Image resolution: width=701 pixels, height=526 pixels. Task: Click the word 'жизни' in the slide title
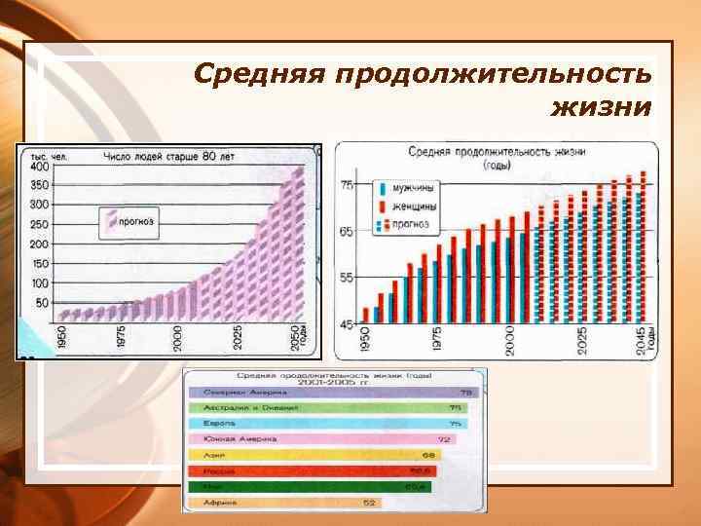(x=601, y=105)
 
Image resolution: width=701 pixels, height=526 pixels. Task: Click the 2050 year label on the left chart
(x=294, y=337)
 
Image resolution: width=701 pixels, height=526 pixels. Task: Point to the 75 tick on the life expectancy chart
(x=347, y=185)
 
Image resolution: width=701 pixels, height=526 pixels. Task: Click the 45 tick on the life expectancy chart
(x=347, y=323)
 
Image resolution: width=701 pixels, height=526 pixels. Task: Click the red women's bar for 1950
(x=366, y=314)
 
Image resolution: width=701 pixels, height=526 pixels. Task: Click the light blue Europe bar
(x=326, y=424)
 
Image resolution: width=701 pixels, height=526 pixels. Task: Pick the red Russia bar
(x=312, y=470)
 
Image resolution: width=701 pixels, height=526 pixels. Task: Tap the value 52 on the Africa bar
(x=367, y=502)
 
